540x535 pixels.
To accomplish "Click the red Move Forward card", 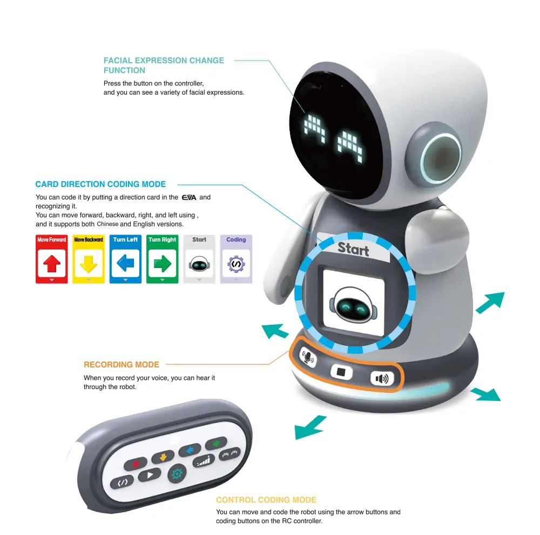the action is pyautogui.click(x=52, y=259).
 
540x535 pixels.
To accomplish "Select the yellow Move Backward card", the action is pyautogui.click(x=89, y=259).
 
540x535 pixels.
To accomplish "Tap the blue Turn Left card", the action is pyautogui.click(x=125, y=259).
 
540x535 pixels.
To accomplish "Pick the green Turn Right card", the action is pyautogui.click(x=162, y=259).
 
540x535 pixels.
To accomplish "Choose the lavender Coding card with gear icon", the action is pyautogui.click(x=237, y=259).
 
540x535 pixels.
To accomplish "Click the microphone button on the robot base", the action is pyautogui.click(x=308, y=357).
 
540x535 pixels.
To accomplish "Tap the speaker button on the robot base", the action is pyautogui.click(x=382, y=379).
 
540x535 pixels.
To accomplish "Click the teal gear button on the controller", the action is pyautogui.click(x=177, y=473).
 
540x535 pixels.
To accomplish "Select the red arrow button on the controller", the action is pyautogui.click(x=136, y=464).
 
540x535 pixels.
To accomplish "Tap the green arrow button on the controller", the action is pyautogui.click(x=217, y=443).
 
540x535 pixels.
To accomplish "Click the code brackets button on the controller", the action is pyautogui.click(x=122, y=482).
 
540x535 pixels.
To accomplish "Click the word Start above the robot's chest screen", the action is pyautogui.click(x=353, y=249).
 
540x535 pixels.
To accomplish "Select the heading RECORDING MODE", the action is pyautogui.click(x=122, y=365).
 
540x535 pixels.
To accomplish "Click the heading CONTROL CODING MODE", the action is pyautogui.click(x=266, y=500).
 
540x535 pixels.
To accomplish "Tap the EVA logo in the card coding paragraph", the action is pyautogui.click(x=189, y=198).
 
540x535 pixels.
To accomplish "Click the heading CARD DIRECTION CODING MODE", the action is pyautogui.click(x=100, y=184).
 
